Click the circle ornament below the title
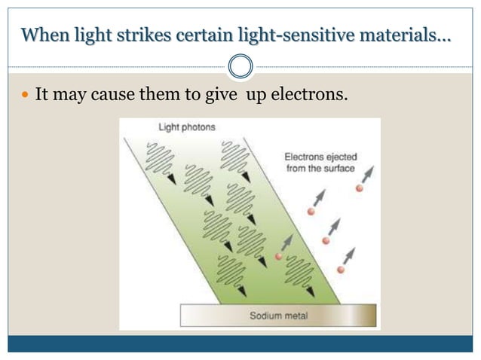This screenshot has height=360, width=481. click(x=240, y=66)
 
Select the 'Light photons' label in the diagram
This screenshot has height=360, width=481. click(x=186, y=127)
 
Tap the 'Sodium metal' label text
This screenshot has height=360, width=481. click(x=277, y=315)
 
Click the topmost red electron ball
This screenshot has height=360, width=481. click(x=360, y=188)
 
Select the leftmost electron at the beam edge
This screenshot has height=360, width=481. click(x=279, y=257)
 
